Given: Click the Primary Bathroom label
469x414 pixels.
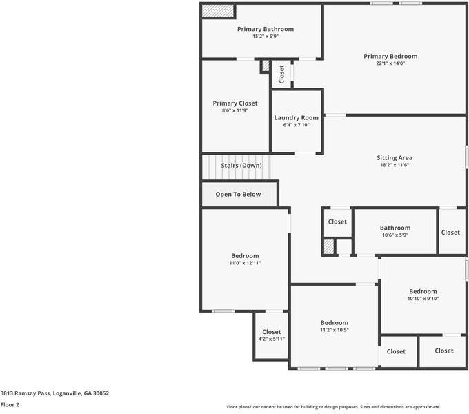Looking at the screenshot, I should pos(266,29).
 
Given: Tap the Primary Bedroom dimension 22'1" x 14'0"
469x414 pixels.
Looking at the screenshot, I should pos(390,63).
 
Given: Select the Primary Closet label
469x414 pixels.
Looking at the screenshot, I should pos(234,103).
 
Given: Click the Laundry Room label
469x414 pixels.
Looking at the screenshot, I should pos(296,118).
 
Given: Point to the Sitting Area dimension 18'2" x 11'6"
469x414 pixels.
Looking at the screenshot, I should pos(395,165).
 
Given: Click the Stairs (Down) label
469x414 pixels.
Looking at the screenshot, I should pos(241,166).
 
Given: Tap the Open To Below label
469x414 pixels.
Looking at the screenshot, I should pos(238,195).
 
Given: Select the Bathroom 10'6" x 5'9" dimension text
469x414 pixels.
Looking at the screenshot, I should pos(395,235).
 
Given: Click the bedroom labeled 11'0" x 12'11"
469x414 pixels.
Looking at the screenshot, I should pos(245,256).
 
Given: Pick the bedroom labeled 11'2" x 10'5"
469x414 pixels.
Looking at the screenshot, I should pos(334,323).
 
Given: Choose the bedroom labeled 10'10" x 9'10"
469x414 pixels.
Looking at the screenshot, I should pos(422,292).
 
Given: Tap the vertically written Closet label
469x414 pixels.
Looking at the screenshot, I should pos(281,75).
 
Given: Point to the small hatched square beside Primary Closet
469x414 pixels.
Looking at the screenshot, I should pos(265,66).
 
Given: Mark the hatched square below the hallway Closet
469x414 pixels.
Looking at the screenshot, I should pos(329,246).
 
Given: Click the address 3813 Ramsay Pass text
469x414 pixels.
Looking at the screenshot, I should pos(54,393).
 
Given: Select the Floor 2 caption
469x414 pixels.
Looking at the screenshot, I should pos(10,405).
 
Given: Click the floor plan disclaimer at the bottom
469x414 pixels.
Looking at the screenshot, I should pos(334,407).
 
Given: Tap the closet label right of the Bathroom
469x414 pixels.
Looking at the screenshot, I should pos(450,233).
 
